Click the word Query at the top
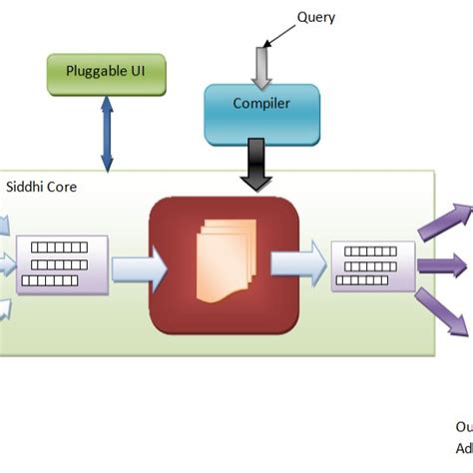pos(316,17)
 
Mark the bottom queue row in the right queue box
pos(361,282)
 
